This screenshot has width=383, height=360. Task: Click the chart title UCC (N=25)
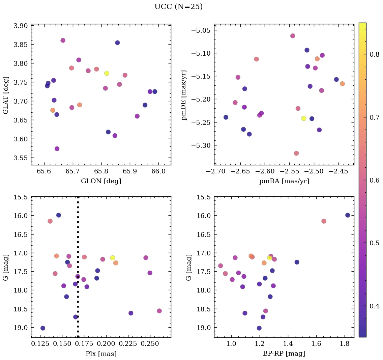pos(178,7)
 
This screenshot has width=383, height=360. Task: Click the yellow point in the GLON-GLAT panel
pos(107,73)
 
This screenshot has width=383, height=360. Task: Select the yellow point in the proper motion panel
pos(304,118)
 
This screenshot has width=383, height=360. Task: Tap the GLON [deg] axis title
pos(101,181)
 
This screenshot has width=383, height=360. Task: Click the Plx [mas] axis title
pos(101,354)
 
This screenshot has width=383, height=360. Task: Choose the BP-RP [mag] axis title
pos(284,354)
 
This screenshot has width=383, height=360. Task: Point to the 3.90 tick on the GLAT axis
pos(21,26)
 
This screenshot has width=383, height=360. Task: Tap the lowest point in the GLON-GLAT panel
pos(57,149)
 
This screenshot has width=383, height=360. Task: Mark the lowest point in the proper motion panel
pos(296,153)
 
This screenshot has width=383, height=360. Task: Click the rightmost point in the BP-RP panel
pos(348,215)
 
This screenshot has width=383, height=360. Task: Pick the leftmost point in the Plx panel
pos(43,328)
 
